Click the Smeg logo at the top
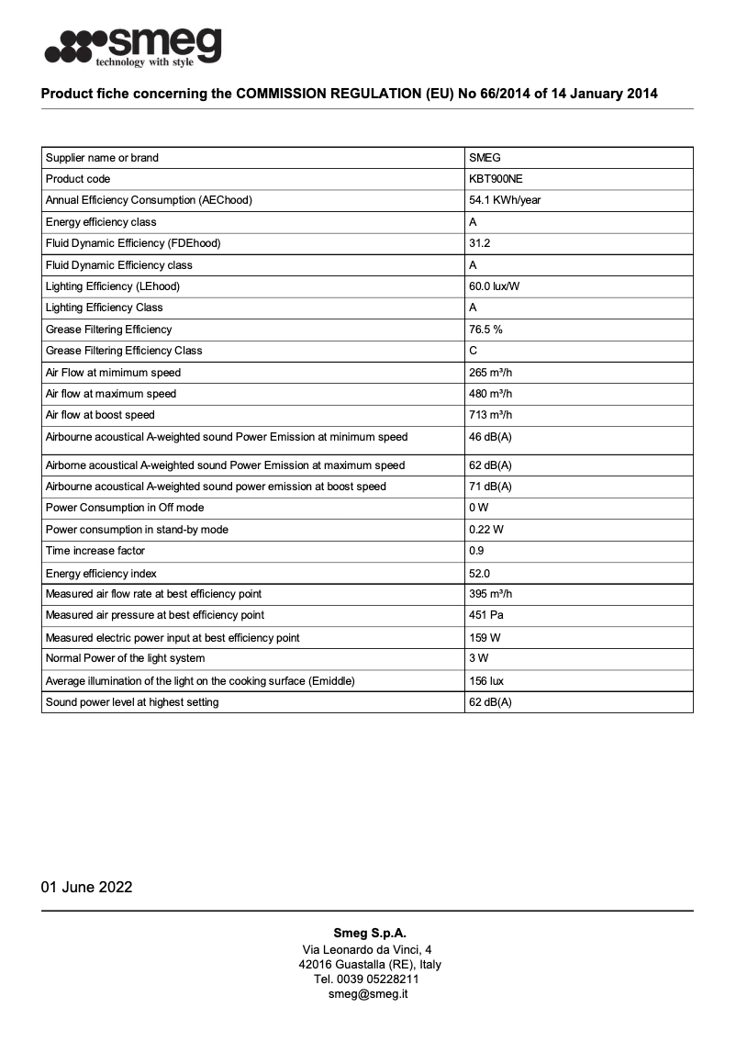[x=133, y=46]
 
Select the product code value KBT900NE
[x=496, y=179]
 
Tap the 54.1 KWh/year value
[x=505, y=200]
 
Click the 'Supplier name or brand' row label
[x=102, y=158]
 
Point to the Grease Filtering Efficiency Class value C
[x=474, y=351]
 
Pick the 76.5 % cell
[x=485, y=330]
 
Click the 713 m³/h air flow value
[x=491, y=415]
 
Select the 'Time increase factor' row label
[x=95, y=551]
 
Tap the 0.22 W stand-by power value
[x=486, y=530]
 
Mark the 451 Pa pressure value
[x=485, y=615]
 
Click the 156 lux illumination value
[x=486, y=681]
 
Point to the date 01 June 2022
[x=86, y=887]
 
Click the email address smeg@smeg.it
[x=368, y=994]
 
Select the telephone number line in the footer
[x=368, y=979]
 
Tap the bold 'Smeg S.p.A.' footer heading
[x=368, y=934]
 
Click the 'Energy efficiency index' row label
[x=101, y=574]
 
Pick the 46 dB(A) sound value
[x=490, y=437]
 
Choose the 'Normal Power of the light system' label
[x=126, y=658]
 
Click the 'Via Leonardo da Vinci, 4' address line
[x=368, y=949]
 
